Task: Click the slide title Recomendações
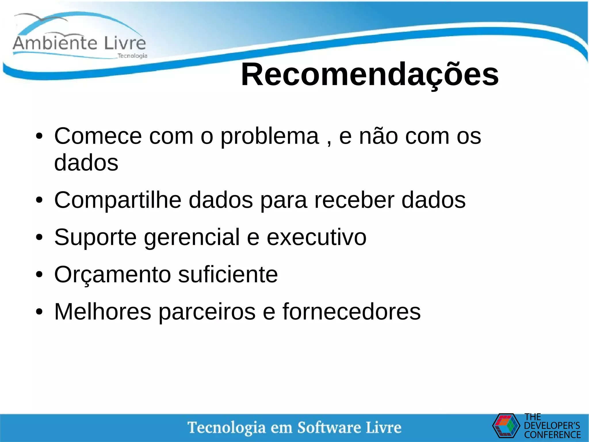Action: pos(370,75)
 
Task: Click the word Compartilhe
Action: pos(118,200)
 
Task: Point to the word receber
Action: pos(354,200)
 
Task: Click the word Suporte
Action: pos(95,237)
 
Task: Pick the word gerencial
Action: pos(192,237)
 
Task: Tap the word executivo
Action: pos(316,237)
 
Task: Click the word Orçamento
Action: pos(112,274)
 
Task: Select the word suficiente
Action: pos(228,274)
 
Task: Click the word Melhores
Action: pos(103,312)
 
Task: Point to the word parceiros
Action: pos(207,312)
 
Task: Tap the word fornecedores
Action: pos(351,312)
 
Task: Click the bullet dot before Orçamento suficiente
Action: pos(39,275)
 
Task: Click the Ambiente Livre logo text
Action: pos(79,43)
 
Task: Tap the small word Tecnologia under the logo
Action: pos(132,56)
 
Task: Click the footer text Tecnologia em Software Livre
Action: pos(294,428)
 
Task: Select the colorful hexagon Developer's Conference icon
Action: pos(506,426)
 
